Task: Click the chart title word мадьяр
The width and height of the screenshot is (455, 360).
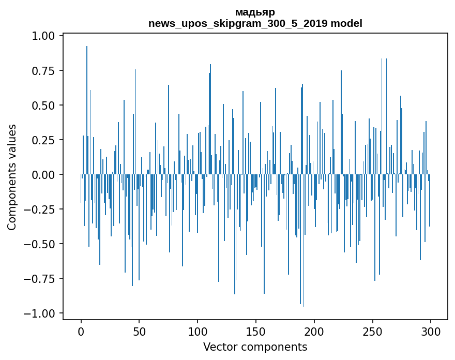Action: coord(255,12)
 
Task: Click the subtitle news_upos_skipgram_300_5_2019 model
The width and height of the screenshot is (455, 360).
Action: coord(255,23)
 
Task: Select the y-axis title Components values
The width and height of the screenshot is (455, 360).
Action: coord(12,177)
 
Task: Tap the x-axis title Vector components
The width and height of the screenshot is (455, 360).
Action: coord(255,347)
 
